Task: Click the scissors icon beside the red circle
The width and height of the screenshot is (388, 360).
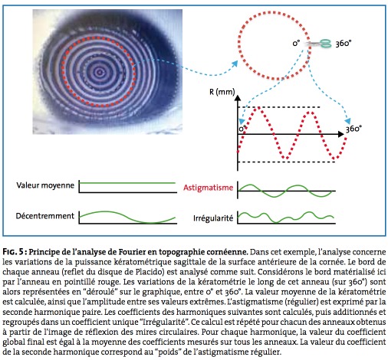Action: click(318, 44)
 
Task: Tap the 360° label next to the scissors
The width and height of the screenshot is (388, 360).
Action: click(344, 44)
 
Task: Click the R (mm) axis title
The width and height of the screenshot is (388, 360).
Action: click(222, 92)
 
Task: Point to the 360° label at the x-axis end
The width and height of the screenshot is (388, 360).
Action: click(353, 129)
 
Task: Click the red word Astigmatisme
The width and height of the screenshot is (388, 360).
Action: click(208, 188)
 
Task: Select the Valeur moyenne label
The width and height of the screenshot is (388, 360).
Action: click(45, 185)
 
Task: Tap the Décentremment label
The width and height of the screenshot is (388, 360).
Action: click(45, 216)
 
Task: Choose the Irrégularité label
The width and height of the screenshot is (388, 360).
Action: click(213, 218)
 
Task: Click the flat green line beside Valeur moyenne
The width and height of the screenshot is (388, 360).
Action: click(127, 183)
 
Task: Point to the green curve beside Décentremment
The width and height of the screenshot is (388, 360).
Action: click(127, 217)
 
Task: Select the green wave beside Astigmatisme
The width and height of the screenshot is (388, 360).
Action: click(285, 191)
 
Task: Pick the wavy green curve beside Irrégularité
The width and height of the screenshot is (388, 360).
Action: click(286, 218)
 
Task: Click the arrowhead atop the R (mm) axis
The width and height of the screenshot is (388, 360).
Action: click(238, 98)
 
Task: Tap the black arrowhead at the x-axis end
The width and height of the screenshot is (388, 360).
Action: click(341, 134)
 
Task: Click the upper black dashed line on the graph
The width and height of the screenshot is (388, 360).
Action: click(279, 107)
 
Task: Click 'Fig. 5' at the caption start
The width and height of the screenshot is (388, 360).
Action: click(13, 252)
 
